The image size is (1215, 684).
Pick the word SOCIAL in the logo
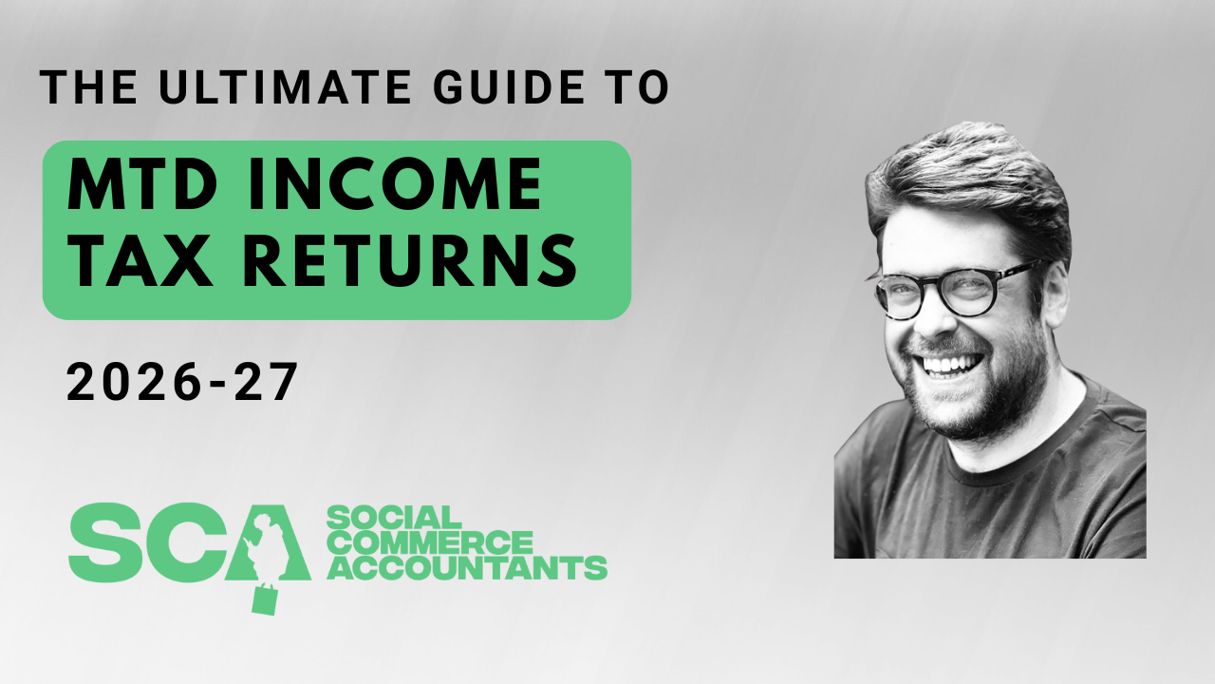click(x=393, y=518)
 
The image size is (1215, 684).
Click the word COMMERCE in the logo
click(x=429, y=542)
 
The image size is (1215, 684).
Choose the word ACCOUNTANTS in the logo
click(x=466, y=567)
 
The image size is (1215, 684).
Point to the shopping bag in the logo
click(x=265, y=598)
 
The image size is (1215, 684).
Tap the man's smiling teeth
click(x=950, y=364)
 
